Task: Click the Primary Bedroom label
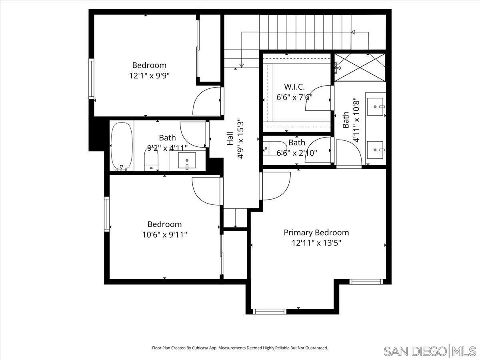[316, 232]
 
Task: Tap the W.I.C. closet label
[294, 87]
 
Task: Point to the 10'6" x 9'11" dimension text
[164, 234]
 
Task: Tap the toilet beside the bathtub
[151, 160]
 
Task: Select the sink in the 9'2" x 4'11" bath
[187, 160]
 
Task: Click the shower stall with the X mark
[360, 67]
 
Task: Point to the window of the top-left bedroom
[91, 79]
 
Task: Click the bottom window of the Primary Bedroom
[270, 311]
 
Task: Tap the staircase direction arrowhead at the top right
[353, 32]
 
